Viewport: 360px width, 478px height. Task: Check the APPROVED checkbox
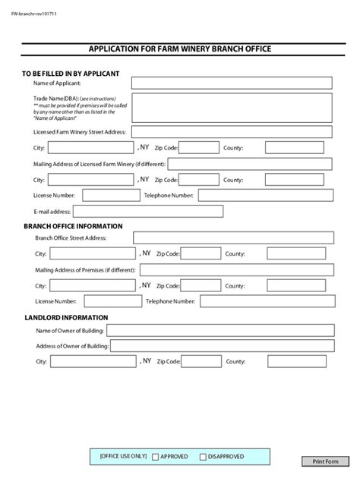click(156, 457)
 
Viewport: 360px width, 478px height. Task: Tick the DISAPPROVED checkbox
click(203, 457)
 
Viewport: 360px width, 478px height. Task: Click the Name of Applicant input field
click(232, 83)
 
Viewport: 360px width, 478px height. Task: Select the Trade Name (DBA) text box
click(232, 107)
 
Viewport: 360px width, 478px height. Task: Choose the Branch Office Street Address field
click(232, 237)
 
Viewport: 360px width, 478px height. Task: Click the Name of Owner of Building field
click(220, 330)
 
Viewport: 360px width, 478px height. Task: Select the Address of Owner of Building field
click(222, 346)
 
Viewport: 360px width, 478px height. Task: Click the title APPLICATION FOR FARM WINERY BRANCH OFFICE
click(180, 49)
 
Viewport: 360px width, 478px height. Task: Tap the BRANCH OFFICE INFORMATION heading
click(73, 226)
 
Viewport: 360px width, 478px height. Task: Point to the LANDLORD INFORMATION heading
click(65, 318)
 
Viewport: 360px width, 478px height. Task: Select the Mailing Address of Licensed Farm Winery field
click(250, 164)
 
